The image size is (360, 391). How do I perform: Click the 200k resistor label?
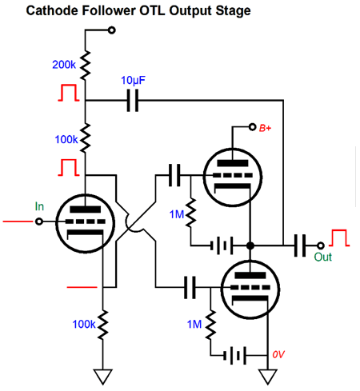tap(64, 65)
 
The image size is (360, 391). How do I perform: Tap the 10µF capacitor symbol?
tap(133, 101)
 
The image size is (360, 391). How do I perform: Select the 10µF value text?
tap(133, 80)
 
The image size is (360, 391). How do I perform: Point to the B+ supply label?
tap(265, 128)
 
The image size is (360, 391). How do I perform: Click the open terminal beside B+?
tap(252, 127)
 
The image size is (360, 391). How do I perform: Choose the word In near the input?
tap(39, 206)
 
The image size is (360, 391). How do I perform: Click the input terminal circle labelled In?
tap(39, 221)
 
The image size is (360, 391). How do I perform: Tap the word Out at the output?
tap(322, 257)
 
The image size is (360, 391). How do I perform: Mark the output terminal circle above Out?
tap(321, 245)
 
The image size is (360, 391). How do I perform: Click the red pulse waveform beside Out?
tap(339, 237)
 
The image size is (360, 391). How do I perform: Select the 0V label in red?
tap(278, 354)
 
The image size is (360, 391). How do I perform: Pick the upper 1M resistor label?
tap(177, 214)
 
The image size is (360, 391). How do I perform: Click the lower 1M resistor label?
tap(194, 325)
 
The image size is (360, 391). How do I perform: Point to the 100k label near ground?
tap(84, 324)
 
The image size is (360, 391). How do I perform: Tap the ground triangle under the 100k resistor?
tap(103, 377)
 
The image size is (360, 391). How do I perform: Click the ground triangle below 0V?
tap(268, 377)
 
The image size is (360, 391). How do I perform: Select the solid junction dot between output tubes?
tap(250, 245)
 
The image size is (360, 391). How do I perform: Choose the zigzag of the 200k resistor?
tap(86, 65)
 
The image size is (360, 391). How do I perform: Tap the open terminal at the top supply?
tap(112, 30)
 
